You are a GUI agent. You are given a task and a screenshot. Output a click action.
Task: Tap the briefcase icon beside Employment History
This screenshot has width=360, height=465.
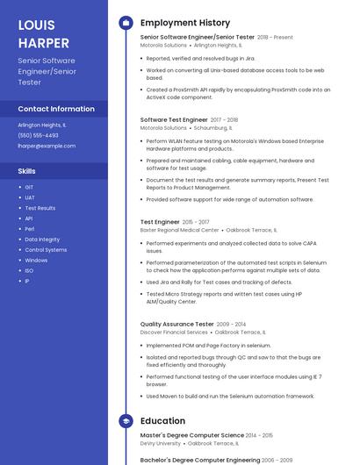[x=126, y=23]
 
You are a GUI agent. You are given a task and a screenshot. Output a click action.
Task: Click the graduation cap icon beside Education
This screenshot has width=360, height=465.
[x=126, y=421]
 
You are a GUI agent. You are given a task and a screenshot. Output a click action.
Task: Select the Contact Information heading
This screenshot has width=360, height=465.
[x=56, y=109]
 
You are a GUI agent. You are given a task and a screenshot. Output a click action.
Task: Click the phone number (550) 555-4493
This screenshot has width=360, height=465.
[x=39, y=135]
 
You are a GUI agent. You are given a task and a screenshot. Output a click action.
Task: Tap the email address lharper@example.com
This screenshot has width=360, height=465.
[x=47, y=146]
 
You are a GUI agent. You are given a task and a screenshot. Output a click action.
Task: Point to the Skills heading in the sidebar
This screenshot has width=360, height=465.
[x=27, y=171]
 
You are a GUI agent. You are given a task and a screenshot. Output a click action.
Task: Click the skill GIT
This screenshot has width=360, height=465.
[x=29, y=187]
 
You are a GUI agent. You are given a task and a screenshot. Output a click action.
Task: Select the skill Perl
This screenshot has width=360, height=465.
[x=29, y=229]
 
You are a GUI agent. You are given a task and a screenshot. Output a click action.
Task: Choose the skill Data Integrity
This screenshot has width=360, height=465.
[x=42, y=240]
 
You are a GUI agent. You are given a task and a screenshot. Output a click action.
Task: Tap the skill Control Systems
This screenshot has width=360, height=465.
[x=46, y=250]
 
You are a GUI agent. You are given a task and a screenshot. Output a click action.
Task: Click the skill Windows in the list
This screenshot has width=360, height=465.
[x=36, y=261]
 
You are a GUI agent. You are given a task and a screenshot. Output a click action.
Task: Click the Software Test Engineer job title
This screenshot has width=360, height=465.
[x=174, y=119]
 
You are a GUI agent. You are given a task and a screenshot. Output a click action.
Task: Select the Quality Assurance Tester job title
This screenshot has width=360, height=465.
[x=176, y=324]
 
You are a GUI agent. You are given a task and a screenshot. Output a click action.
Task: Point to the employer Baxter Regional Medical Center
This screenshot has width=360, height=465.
[x=179, y=230]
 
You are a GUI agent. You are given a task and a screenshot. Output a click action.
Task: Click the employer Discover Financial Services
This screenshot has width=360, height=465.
[x=174, y=333]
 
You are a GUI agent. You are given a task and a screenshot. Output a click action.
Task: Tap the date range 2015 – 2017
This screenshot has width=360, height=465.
[x=197, y=222]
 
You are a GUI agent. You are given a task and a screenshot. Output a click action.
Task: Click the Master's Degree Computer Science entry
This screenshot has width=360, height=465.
[x=192, y=435]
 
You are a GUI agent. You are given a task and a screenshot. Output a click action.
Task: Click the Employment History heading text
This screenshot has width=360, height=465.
[x=185, y=23]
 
